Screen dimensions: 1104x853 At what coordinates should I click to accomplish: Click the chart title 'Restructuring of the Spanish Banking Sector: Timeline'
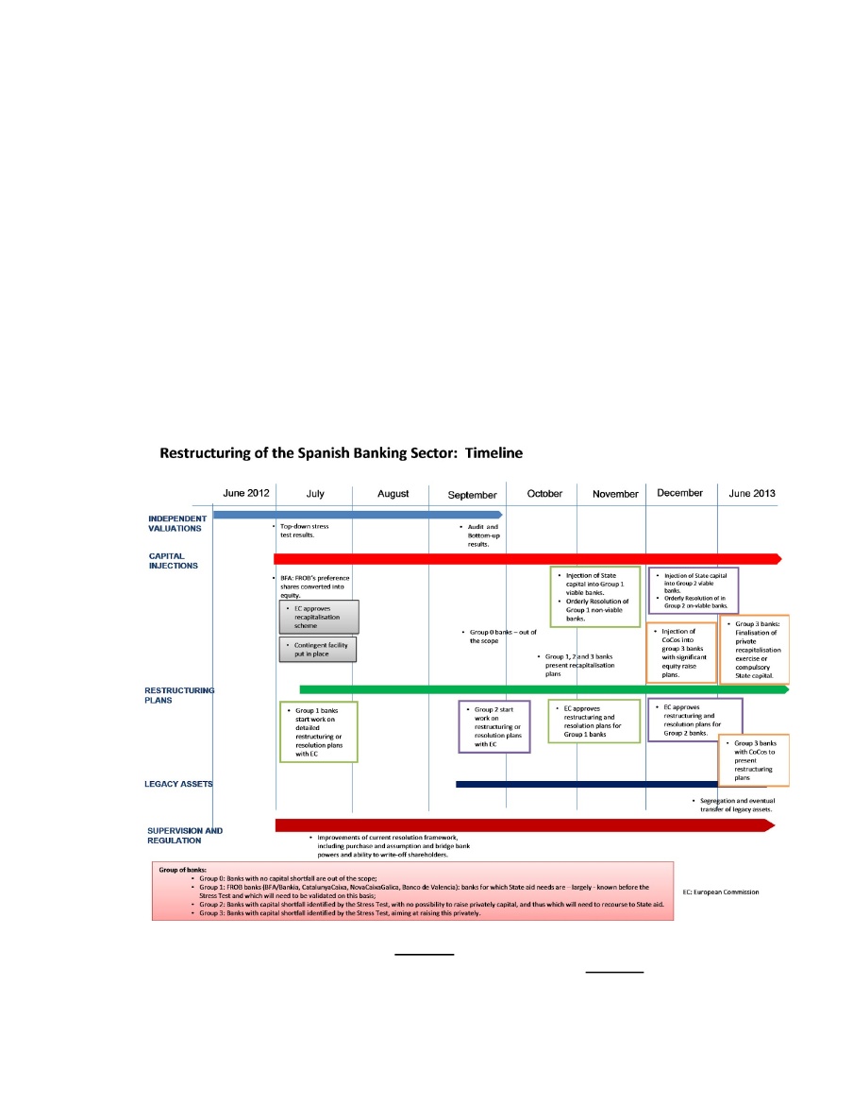(x=341, y=453)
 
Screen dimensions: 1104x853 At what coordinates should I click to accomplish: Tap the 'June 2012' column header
(x=246, y=494)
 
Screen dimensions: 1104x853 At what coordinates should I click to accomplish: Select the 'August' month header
(x=393, y=494)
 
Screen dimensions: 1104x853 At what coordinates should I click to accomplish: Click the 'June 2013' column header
(x=753, y=493)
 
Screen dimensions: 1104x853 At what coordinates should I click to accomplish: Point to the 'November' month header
(x=615, y=494)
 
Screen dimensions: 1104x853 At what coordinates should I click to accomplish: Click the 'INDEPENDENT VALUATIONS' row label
(x=177, y=523)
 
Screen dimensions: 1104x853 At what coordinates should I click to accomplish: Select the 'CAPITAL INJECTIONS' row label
(x=174, y=560)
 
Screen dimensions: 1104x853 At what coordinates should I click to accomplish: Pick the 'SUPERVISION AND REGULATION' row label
(x=185, y=835)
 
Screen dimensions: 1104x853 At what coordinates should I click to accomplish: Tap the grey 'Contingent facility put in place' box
(x=319, y=649)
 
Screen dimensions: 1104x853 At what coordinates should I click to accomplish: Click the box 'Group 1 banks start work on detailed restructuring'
(x=319, y=731)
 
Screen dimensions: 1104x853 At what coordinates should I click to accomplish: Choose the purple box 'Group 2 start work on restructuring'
(x=494, y=726)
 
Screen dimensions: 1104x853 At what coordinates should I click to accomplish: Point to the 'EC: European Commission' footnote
(x=721, y=892)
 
